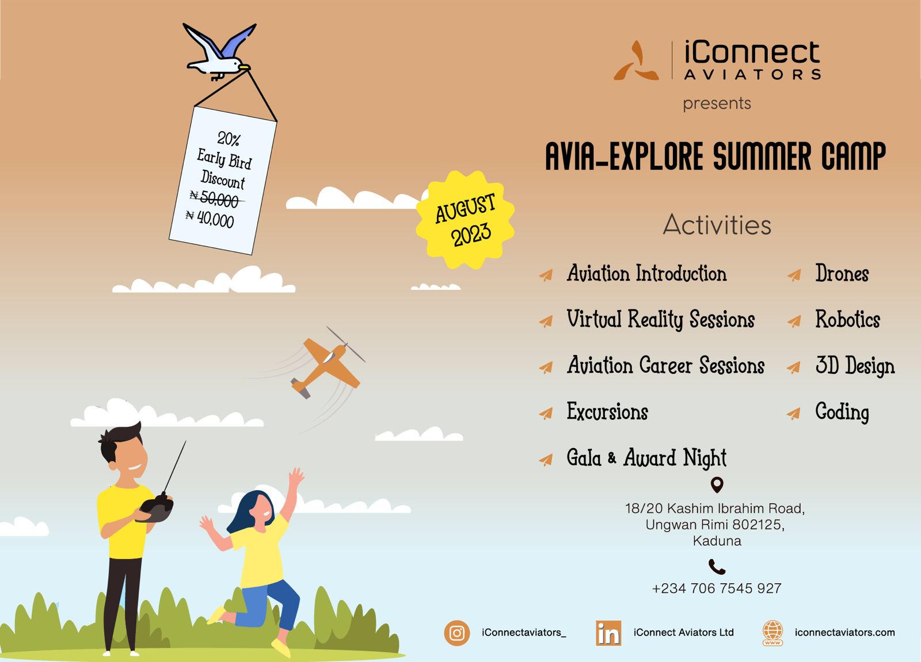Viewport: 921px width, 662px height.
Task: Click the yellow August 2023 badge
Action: point(465,220)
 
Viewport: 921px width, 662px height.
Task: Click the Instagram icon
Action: point(456,633)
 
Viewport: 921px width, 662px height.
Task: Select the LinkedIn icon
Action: point(608,633)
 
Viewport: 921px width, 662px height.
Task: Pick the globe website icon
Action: point(772,633)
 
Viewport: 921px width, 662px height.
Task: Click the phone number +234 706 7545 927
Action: point(717,588)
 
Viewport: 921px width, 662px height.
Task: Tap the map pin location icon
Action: point(717,485)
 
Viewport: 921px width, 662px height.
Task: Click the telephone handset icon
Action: point(717,567)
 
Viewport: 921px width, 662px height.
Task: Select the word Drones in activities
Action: point(842,273)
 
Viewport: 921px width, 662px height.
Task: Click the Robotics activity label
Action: point(847,319)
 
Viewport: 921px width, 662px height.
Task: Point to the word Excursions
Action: point(607,411)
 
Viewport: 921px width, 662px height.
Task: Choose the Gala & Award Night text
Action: point(646,458)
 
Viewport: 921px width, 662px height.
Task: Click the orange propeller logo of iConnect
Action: point(636,60)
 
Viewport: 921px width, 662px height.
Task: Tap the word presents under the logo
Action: point(717,104)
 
